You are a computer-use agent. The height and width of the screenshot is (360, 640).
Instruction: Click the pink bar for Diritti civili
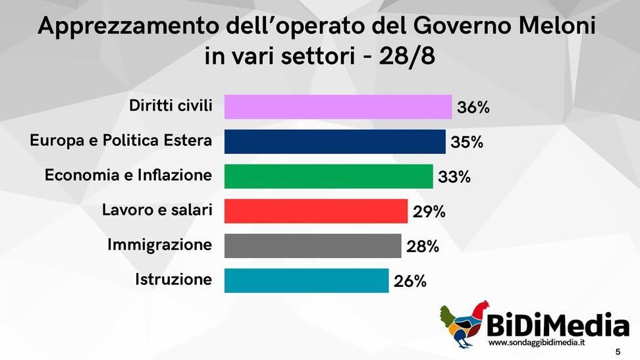click(x=338, y=107)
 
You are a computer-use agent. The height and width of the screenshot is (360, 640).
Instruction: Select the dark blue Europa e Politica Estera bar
click(x=334, y=141)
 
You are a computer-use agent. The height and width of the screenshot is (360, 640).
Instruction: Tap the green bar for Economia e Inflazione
click(x=329, y=176)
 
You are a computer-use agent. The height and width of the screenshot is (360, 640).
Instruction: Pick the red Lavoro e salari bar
click(x=316, y=211)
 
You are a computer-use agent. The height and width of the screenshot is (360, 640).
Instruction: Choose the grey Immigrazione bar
click(x=313, y=246)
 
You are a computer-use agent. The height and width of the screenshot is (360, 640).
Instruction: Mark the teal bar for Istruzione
click(x=306, y=280)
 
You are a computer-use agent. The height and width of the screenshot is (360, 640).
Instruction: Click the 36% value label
click(x=473, y=107)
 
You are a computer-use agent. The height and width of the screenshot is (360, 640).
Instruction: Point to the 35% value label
click(x=467, y=142)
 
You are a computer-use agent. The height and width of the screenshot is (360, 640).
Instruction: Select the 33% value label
click(x=454, y=177)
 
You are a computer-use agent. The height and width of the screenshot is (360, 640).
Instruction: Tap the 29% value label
click(x=429, y=212)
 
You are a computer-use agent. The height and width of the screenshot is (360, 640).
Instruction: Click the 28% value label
click(x=423, y=247)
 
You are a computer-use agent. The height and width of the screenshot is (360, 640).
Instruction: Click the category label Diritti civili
click(x=171, y=106)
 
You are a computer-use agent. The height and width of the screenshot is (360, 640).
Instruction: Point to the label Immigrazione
click(x=160, y=245)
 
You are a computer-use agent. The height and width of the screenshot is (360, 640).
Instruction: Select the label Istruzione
click(x=174, y=280)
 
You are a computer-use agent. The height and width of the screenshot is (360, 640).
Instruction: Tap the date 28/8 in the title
click(x=407, y=56)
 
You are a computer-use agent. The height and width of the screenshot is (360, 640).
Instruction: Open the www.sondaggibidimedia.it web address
click(x=537, y=344)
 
